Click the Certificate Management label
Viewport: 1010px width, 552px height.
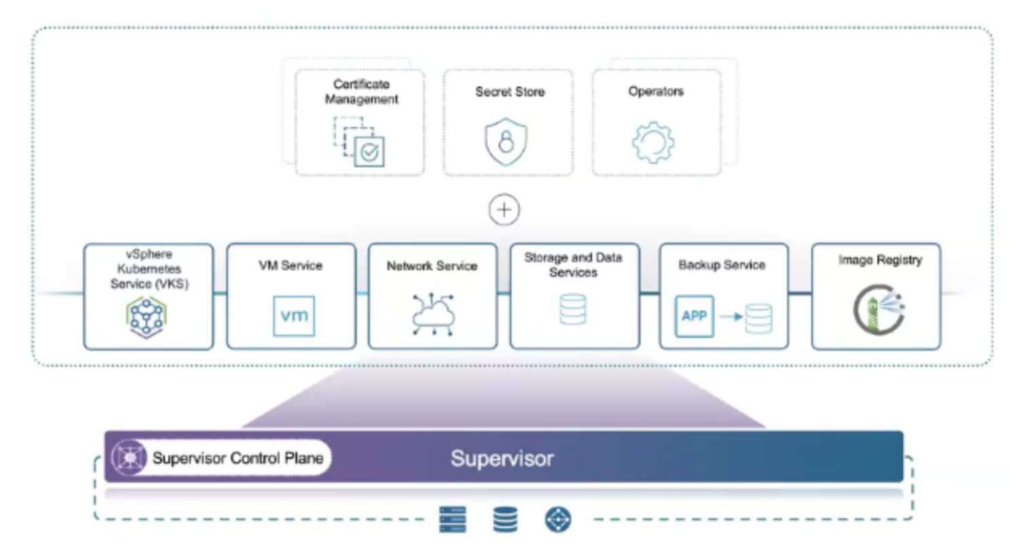pos(361,92)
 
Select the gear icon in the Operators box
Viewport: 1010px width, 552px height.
pos(654,142)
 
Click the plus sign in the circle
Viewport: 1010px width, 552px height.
pos(504,210)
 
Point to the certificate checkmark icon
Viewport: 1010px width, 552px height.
pos(369,153)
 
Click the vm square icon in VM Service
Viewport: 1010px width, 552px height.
pos(294,316)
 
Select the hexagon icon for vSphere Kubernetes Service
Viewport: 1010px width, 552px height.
pos(146,317)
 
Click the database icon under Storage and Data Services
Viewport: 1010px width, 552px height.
pos(573,309)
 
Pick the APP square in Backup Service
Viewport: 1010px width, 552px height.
pos(694,316)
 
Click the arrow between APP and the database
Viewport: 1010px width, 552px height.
pos(731,316)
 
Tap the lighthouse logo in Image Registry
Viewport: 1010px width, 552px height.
pos(879,310)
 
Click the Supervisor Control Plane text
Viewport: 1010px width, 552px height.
pos(238,458)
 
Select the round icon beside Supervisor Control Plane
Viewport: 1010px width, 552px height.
pos(130,458)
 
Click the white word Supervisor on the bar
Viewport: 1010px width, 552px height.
pos(502,459)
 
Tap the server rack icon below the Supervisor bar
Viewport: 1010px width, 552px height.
pos(453,519)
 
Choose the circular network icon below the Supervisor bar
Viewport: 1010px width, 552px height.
pos(558,519)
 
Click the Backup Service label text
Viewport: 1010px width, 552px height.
pos(722,265)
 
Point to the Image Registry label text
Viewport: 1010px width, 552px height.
pos(880,260)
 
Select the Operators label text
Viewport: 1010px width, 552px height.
pos(656,92)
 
